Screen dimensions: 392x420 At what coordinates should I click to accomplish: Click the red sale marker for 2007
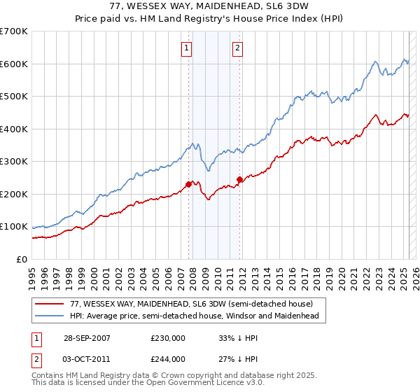click(x=188, y=184)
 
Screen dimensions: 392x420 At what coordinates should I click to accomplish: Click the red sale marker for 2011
click(x=239, y=180)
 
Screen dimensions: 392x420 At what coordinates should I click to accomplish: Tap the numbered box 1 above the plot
click(x=188, y=48)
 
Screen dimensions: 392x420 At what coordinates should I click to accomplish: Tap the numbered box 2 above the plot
click(x=238, y=48)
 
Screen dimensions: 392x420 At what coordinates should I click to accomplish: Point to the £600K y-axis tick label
click(x=14, y=64)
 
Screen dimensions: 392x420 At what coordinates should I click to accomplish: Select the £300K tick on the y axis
click(x=14, y=162)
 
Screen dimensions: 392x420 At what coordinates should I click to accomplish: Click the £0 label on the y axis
click(x=22, y=259)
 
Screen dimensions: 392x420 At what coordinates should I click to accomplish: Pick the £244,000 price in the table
click(x=168, y=359)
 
